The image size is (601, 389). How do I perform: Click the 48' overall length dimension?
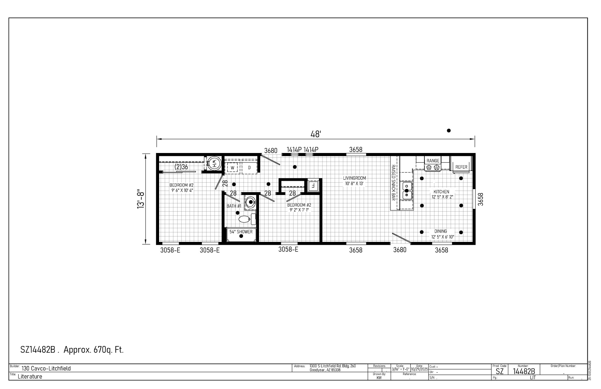pos(315,134)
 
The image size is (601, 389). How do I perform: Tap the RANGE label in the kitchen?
pos(433,161)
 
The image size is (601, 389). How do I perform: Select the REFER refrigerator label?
pos(461,167)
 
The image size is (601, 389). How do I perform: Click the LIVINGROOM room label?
pos(354,178)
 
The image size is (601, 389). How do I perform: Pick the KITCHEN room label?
pos(441,192)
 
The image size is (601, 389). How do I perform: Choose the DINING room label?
pos(441,231)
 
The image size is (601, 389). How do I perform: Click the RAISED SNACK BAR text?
pos(393,183)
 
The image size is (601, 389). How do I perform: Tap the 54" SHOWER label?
pos(241,232)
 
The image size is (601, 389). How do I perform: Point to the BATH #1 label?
pos(234,206)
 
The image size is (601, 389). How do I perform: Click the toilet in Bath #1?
pos(245,219)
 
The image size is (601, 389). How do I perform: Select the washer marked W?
pos(232,167)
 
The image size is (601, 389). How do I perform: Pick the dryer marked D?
pos(249,167)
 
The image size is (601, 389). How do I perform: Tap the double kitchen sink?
pos(407,191)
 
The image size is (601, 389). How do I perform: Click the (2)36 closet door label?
pos(181,167)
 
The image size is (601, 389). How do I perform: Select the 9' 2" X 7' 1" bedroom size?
pos(299,210)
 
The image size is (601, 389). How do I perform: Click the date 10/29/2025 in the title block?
pos(419,369)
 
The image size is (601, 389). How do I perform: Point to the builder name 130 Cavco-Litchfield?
pos(46,369)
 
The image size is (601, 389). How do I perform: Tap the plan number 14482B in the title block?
pos(524,371)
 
